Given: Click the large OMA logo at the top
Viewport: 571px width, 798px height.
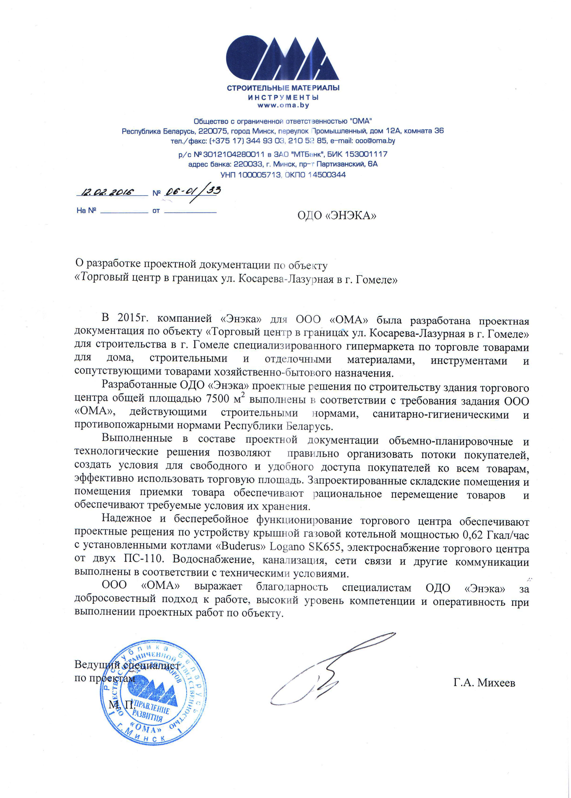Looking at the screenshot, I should pyautogui.click(x=282, y=59).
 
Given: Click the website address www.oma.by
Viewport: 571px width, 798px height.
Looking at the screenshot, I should pyautogui.click(x=283, y=105).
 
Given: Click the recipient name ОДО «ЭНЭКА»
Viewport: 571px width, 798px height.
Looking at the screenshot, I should pyautogui.click(x=336, y=215).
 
